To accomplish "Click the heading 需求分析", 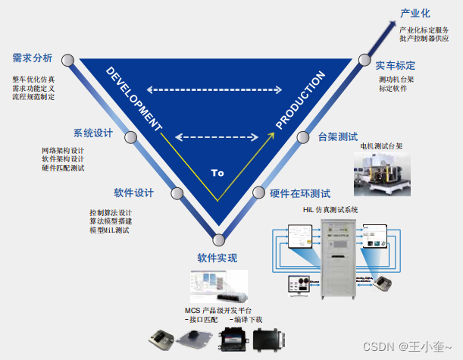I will (x=33, y=58).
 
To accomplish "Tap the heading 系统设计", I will (x=93, y=133).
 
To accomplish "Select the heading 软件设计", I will (x=134, y=191).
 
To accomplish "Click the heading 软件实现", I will (x=217, y=258).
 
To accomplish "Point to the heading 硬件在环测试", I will (x=301, y=193).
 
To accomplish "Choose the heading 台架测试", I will (x=338, y=137).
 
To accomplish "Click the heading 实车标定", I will (x=396, y=66).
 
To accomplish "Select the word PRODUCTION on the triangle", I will (x=301, y=101).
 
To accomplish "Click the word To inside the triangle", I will (x=217, y=173).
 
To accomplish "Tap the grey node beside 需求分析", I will (x=67, y=60).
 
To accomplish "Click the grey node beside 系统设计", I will (x=130, y=138).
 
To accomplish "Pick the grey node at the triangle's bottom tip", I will (x=218, y=240).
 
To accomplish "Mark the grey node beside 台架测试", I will (x=303, y=137).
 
